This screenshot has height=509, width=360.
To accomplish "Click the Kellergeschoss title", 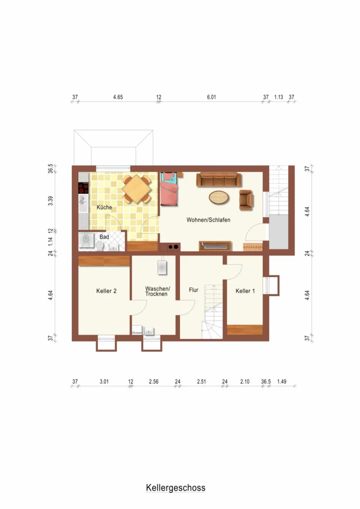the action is tap(176, 487).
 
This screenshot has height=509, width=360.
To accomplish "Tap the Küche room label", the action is tap(104, 207).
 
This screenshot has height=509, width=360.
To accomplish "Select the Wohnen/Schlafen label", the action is tap(209, 220).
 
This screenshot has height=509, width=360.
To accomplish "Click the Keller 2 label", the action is tap(106, 291).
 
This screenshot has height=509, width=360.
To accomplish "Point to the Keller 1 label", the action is tap(245, 291).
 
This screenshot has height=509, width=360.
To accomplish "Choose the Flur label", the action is tap(194, 290).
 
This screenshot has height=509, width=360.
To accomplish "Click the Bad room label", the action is tap(104, 237).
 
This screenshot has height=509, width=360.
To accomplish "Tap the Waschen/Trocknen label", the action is tap(157, 291).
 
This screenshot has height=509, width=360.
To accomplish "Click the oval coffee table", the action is tap(219, 197).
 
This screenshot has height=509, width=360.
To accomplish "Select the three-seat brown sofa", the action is tap(219, 180).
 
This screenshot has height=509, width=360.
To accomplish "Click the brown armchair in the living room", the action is tap(246, 200).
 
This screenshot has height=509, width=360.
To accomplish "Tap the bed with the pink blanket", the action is tap(169, 189).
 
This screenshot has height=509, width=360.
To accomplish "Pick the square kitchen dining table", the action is tap(137, 189).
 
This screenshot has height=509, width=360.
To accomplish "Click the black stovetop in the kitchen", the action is tap(83, 188).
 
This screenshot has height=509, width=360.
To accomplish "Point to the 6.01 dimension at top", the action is tap(211, 97).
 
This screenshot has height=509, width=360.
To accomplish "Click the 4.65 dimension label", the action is tap(118, 97).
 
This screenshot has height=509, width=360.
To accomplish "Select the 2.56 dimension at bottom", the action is tap(154, 382).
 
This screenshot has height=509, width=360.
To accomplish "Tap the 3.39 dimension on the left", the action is tap(50, 201).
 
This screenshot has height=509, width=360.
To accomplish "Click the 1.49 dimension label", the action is tap(282, 382).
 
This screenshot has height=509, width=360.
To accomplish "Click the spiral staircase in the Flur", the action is tap(212, 312).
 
